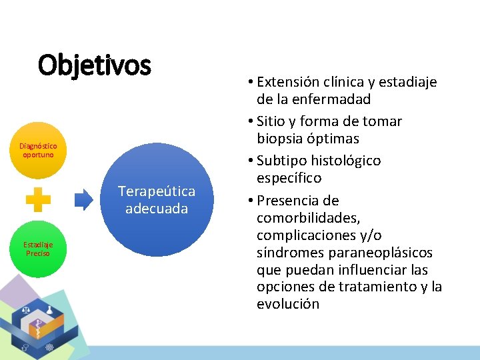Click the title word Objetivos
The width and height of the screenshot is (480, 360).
click(x=95, y=65)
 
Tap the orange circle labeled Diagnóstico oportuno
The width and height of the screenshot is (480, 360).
click(x=38, y=150)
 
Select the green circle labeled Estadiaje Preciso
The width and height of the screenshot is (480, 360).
click(x=38, y=249)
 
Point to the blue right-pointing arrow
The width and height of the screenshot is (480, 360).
click(x=84, y=199)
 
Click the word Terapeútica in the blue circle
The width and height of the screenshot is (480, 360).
click(x=157, y=191)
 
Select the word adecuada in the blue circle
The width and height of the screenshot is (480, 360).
click(x=157, y=209)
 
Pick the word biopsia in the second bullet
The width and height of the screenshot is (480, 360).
click(x=281, y=139)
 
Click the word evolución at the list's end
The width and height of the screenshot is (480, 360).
click(x=288, y=304)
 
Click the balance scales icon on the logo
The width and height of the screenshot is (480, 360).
click(x=26, y=309)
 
